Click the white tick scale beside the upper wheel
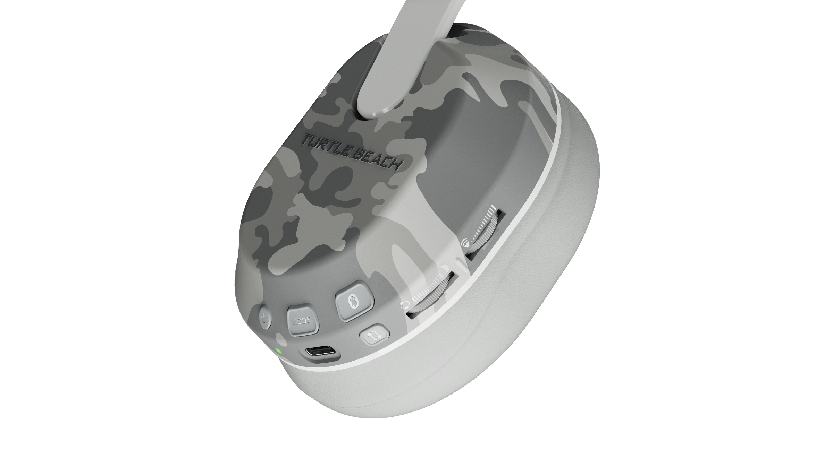click(484, 225)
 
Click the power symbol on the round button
click(265, 317)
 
